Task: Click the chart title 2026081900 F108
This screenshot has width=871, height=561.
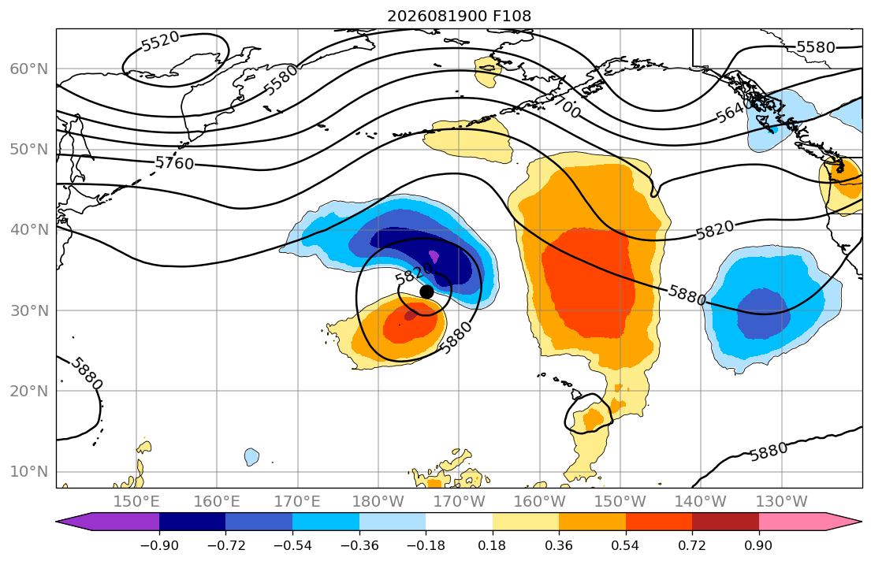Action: pyautogui.click(x=459, y=16)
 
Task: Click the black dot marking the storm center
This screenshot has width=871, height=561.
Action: pyautogui.click(x=426, y=292)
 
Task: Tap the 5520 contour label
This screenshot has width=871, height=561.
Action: pyautogui.click(x=161, y=41)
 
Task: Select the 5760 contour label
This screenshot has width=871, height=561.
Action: pyautogui.click(x=174, y=163)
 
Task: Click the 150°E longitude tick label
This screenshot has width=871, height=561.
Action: pyautogui.click(x=136, y=502)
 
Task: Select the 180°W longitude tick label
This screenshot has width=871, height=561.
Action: pyautogui.click(x=378, y=502)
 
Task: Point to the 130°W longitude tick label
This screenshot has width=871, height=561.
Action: pyautogui.click(x=782, y=502)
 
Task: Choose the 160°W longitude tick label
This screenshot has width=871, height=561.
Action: pyautogui.click(x=540, y=502)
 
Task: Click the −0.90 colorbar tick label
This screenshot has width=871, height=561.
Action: pyautogui.click(x=159, y=545)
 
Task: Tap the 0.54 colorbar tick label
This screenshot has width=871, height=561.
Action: pyautogui.click(x=626, y=545)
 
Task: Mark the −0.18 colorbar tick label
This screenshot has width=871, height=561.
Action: pyautogui.click(x=426, y=545)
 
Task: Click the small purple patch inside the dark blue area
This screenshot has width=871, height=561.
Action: pyautogui.click(x=434, y=257)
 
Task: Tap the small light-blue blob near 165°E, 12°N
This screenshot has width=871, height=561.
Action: pyautogui.click(x=251, y=456)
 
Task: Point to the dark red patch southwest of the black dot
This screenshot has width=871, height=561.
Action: pyautogui.click(x=411, y=315)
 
